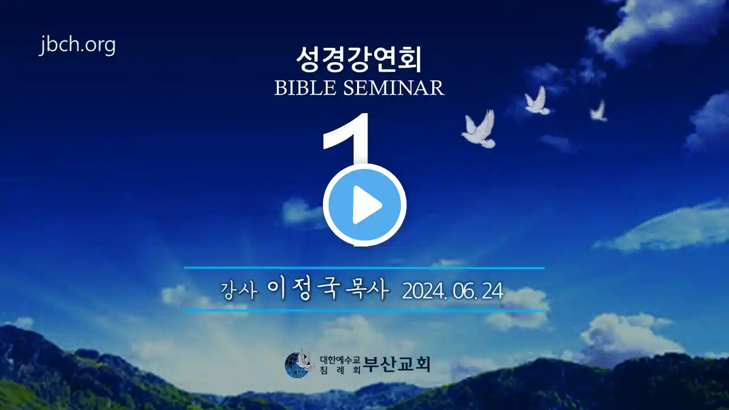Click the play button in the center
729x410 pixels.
tap(364, 204)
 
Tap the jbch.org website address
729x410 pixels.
tap(77, 45)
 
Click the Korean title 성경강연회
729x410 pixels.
tap(359, 60)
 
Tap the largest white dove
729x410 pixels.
tap(479, 129)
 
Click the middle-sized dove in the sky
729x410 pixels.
tap(537, 101)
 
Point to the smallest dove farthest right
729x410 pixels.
tap(599, 111)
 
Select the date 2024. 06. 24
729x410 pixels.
tap(453, 291)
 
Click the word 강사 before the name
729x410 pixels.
tap(239, 290)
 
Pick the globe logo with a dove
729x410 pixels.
tap(300, 364)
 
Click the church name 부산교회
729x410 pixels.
tap(397, 364)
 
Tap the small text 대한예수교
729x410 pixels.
tap(340, 359)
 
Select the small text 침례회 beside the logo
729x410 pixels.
tap(340, 370)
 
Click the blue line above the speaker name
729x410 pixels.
tap(364, 268)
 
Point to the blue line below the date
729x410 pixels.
tap(363, 311)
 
